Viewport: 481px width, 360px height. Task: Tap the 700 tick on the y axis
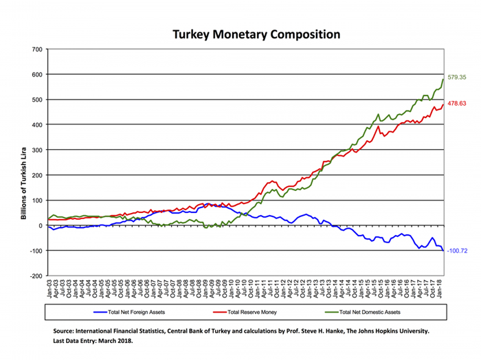coord(36,49)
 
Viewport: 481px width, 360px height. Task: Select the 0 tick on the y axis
coord(41,225)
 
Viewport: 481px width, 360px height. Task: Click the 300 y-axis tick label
coord(36,150)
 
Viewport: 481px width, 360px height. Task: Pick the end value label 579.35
coord(457,78)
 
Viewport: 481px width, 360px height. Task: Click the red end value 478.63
coord(457,103)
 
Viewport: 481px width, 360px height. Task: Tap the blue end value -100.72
coord(458,251)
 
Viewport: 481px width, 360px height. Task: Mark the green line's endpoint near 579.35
coord(443,79)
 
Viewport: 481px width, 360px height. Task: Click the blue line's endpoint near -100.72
coord(443,251)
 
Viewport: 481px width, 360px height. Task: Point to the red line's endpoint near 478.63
coord(443,104)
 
